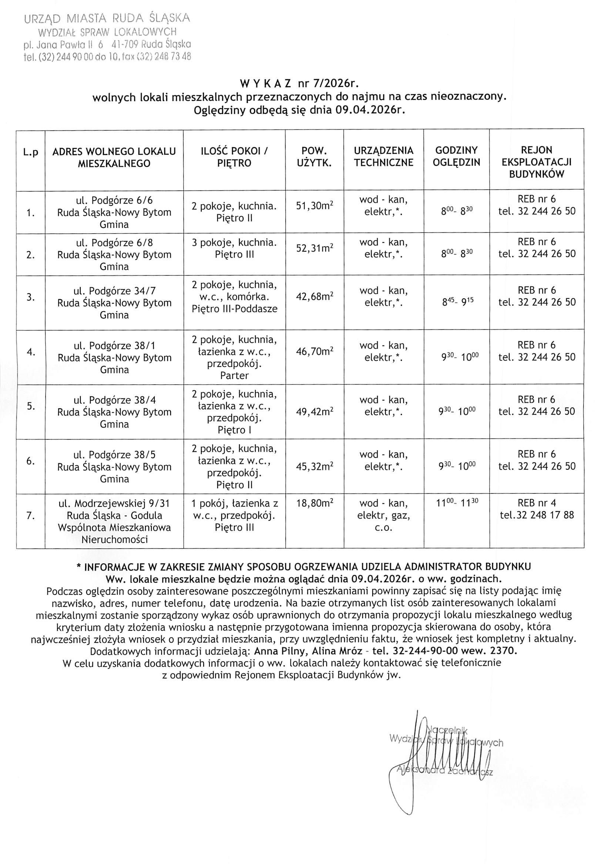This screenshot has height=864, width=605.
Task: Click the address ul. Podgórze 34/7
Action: click(x=114, y=291)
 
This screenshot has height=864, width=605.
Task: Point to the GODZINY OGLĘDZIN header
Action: click(x=456, y=157)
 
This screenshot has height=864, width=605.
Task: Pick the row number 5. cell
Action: click(x=31, y=406)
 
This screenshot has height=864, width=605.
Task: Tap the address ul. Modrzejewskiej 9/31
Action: click(x=114, y=503)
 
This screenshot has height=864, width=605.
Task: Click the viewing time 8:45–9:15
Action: click(x=457, y=302)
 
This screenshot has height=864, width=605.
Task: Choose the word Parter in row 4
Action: click(x=234, y=376)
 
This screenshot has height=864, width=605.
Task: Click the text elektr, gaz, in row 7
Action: click(x=383, y=515)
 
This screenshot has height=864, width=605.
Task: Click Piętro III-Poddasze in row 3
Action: click(x=234, y=309)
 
